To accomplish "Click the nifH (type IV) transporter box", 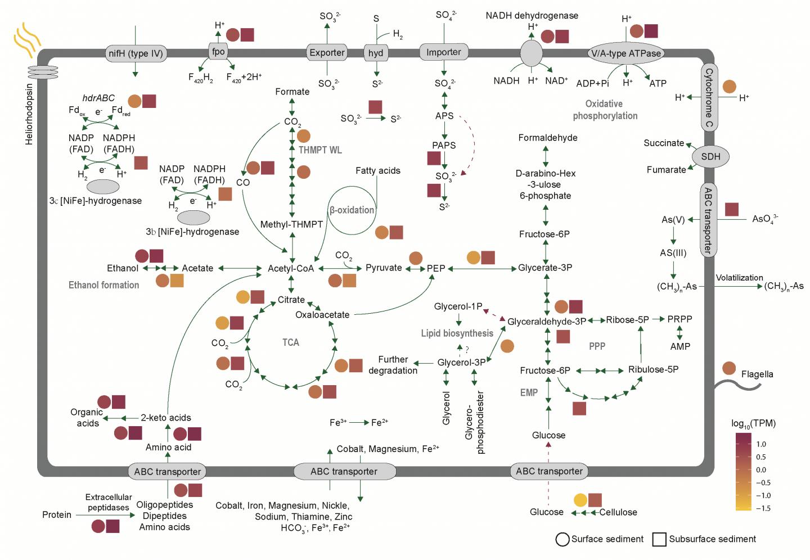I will point(136,53).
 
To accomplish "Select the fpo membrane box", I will point(218,52).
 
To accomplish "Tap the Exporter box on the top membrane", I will point(327,53).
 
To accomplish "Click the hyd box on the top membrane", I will point(376,53).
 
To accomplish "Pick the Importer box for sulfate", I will point(444,52).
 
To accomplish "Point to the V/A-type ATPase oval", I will point(626,53).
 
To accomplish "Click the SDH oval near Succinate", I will point(710,156).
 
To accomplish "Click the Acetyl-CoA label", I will point(291,268).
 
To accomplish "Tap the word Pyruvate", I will point(384,268).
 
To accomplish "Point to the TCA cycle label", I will point(290,342).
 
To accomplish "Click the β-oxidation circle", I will point(352,210).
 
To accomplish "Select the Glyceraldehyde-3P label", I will point(547,321).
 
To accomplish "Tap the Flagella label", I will point(757,374).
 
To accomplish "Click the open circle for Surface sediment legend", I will point(562,539).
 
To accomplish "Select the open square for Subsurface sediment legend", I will point(659,539).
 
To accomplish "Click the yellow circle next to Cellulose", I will point(580,500).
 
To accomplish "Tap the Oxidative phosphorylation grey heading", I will point(605,110).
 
